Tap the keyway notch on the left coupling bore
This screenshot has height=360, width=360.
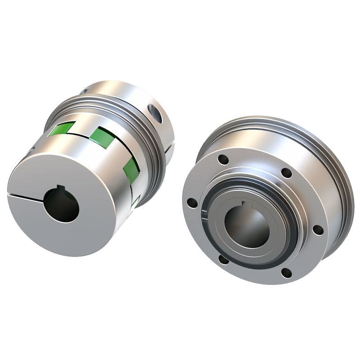(x=59, y=189)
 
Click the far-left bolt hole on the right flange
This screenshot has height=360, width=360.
(x=192, y=203)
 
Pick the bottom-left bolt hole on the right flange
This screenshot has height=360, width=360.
(x=223, y=259)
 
